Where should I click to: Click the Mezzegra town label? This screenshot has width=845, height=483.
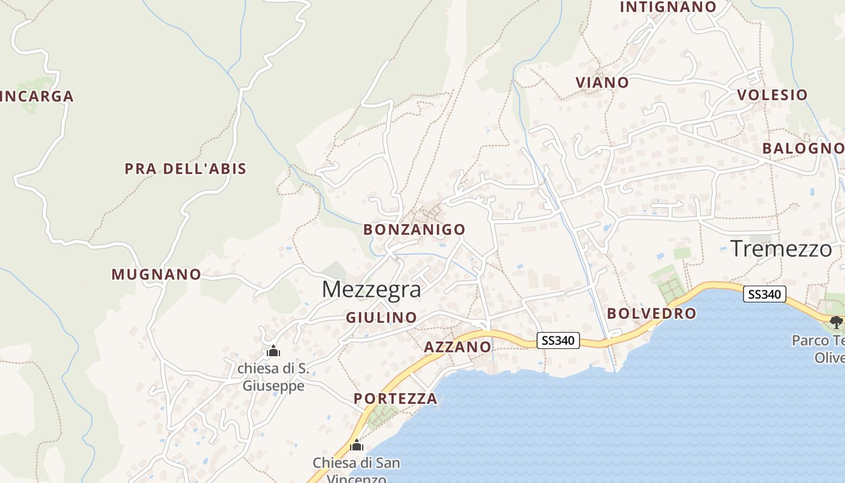click(371, 289)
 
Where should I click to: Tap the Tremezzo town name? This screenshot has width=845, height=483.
click(781, 248)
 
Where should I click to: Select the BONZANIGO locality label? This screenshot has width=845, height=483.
click(414, 229)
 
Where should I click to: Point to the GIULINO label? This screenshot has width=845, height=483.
click(381, 318)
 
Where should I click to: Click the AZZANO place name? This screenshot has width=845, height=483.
click(458, 347)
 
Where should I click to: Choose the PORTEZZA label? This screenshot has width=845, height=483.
click(395, 398)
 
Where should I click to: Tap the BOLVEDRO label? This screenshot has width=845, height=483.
click(651, 313)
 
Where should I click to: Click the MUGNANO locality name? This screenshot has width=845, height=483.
click(156, 275)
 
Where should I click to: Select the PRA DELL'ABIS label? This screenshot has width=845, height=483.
click(186, 168)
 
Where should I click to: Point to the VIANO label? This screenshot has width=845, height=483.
click(602, 83)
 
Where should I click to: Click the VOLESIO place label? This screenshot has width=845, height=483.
click(772, 95)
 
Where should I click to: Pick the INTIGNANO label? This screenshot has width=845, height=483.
click(668, 7)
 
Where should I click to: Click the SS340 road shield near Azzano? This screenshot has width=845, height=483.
click(558, 341)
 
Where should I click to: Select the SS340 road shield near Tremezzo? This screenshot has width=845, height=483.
click(765, 294)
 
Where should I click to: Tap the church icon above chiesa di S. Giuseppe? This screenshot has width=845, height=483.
click(273, 351)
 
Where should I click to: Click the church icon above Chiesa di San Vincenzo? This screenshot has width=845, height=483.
click(357, 446)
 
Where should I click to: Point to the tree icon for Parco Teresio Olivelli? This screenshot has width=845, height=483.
click(836, 322)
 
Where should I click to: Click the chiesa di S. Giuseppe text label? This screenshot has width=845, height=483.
click(273, 377)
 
